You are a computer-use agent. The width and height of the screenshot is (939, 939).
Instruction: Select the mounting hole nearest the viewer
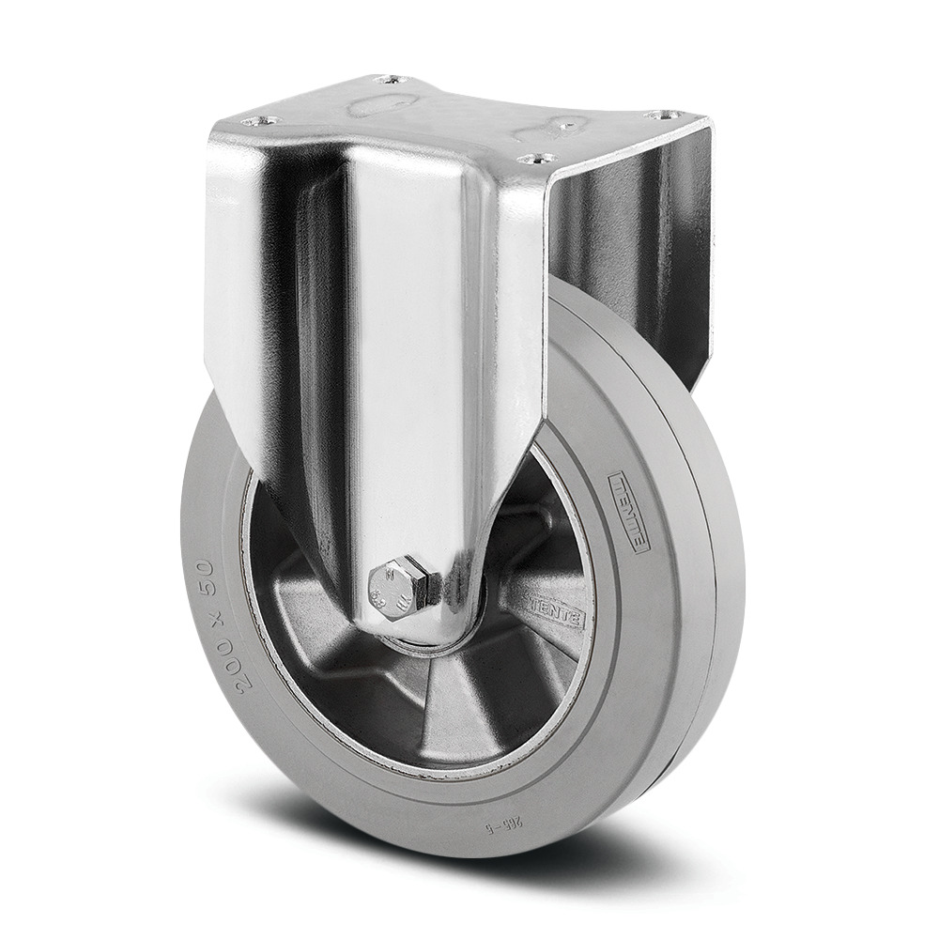pos(536,159)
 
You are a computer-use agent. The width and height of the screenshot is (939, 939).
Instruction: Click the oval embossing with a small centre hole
pos(559,127)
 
